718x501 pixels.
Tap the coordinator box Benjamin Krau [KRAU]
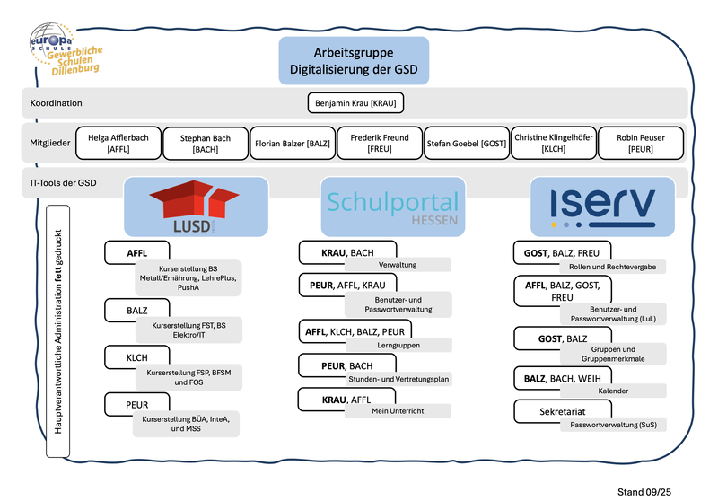tap(355, 103)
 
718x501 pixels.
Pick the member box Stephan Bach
tap(206, 143)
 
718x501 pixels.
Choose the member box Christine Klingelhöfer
tap(553, 143)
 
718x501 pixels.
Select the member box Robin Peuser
tap(641, 143)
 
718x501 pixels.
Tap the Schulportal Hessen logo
tap(392, 206)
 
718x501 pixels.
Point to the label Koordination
tap(56, 103)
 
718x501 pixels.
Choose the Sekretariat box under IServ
tap(562, 411)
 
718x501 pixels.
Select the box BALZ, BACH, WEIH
tap(562, 379)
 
